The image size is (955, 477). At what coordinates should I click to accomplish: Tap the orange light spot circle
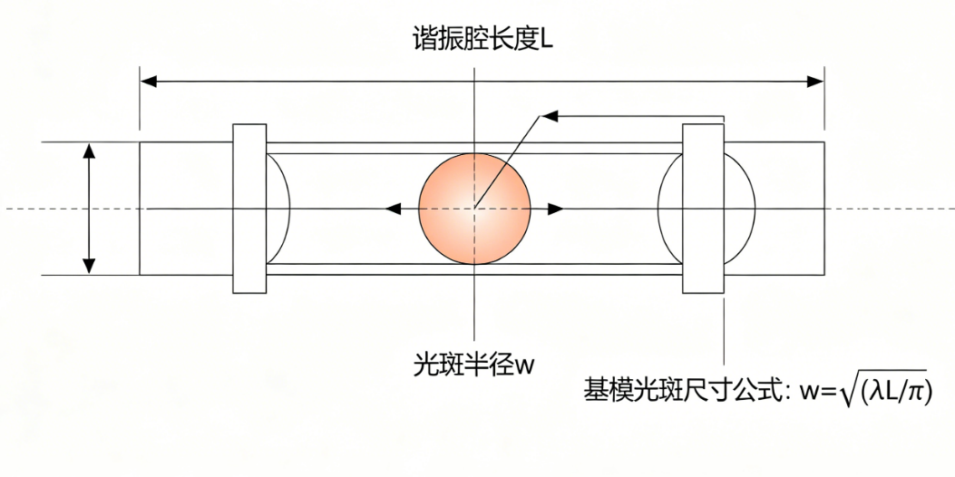pos(474,209)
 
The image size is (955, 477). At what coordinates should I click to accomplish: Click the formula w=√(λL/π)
pos(861,391)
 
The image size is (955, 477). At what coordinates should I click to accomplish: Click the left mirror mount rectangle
pos(249,209)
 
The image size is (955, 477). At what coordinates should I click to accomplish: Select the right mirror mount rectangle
pos(703,209)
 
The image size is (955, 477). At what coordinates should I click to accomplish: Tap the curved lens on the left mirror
pos(278,209)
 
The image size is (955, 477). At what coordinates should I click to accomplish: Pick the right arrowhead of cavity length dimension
pos(815,82)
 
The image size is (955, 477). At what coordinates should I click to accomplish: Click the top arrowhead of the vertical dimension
pos(89,151)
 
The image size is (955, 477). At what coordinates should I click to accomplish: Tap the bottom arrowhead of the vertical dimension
pos(89,266)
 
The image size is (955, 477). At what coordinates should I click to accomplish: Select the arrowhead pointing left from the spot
pos(393,209)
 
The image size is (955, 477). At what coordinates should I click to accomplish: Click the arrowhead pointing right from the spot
pos(555,209)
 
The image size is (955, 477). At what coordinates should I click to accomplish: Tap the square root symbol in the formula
pos(849,391)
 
